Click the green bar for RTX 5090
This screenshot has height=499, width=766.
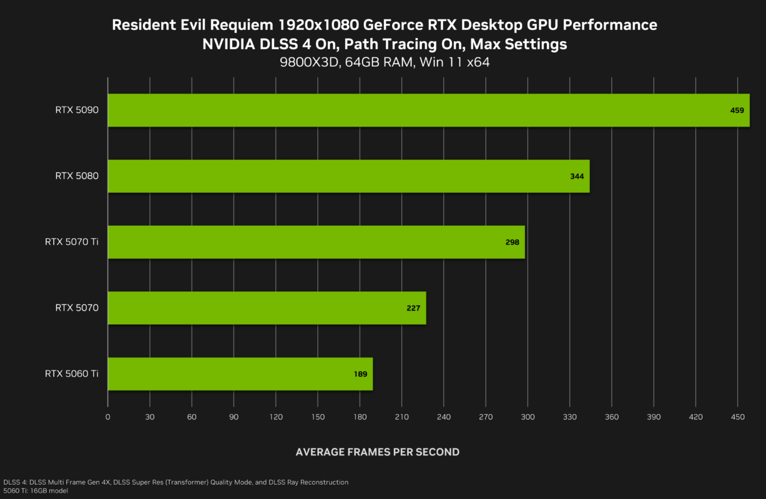click(428, 110)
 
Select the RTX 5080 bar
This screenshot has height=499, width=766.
click(348, 176)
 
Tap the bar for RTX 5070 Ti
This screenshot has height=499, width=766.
click(316, 242)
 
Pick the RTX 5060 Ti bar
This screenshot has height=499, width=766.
click(240, 374)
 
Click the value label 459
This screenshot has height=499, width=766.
click(737, 110)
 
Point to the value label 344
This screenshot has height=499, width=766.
click(577, 177)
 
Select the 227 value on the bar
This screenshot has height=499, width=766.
click(413, 308)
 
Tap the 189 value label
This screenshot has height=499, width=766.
click(360, 374)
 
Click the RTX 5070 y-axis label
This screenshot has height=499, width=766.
click(77, 308)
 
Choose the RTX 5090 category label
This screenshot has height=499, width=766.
click(77, 110)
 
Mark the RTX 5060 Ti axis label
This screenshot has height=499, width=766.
click(72, 374)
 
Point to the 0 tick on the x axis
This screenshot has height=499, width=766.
click(108, 417)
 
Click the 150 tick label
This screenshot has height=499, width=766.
click(318, 417)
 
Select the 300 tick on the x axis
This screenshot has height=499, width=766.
click(528, 417)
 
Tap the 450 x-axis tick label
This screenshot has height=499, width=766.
click(738, 417)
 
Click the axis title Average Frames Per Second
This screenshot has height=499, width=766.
click(378, 452)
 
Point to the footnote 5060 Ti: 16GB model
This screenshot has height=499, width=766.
click(36, 491)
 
